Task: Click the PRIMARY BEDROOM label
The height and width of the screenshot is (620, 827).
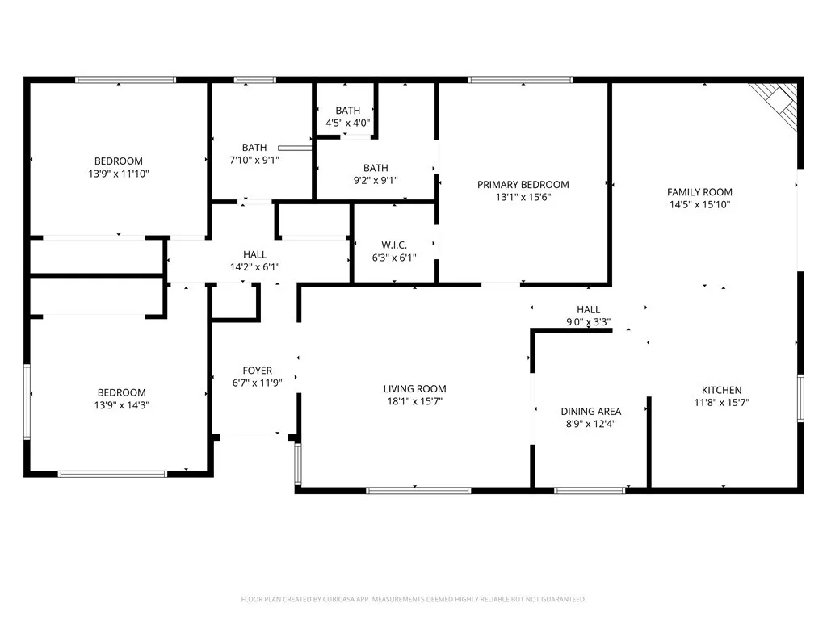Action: [523, 185]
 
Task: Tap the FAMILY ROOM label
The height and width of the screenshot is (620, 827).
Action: [699, 192]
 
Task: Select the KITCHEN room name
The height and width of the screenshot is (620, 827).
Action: [721, 390]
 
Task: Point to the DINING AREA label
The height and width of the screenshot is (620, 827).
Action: [591, 412]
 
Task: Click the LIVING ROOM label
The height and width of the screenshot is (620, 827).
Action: [414, 389]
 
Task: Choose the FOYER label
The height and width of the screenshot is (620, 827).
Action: [257, 371]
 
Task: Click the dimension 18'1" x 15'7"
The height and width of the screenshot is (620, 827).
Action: [414, 401]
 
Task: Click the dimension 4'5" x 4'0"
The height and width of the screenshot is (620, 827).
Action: [348, 123]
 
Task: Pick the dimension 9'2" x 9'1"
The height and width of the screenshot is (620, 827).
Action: [375, 181]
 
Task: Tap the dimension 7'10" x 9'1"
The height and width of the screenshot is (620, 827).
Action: [254, 160]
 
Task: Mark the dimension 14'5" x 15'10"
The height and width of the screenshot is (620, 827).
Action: [699, 205]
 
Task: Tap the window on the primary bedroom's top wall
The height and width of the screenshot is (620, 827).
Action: [520, 80]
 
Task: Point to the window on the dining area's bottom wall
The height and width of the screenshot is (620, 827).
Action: [590, 490]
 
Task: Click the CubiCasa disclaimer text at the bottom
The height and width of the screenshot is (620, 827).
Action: [413, 599]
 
